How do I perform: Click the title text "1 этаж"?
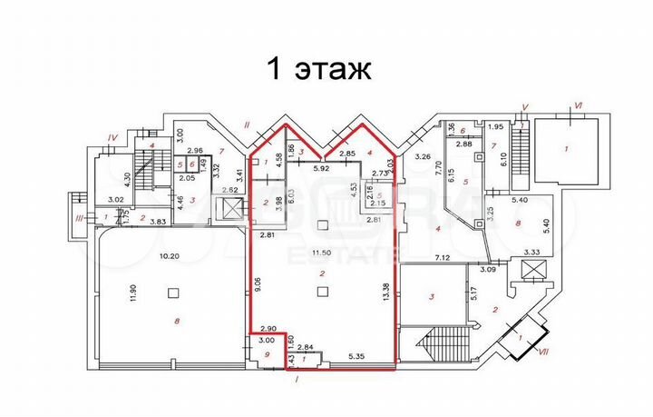click(x=317, y=68)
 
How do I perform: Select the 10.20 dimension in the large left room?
click(x=169, y=256)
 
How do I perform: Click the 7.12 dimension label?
click(x=443, y=259)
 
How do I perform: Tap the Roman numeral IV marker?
click(x=112, y=137)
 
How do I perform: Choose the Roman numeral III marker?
click(x=80, y=217)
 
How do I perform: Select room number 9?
click(x=266, y=354)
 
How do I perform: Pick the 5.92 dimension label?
click(x=321, y=168)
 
